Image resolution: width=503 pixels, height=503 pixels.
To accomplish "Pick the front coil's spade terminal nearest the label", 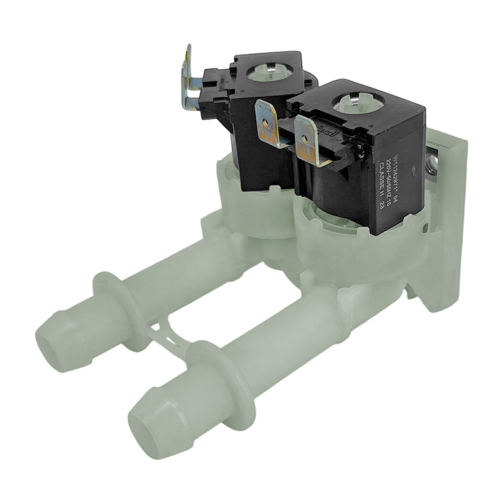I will [309, 141].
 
